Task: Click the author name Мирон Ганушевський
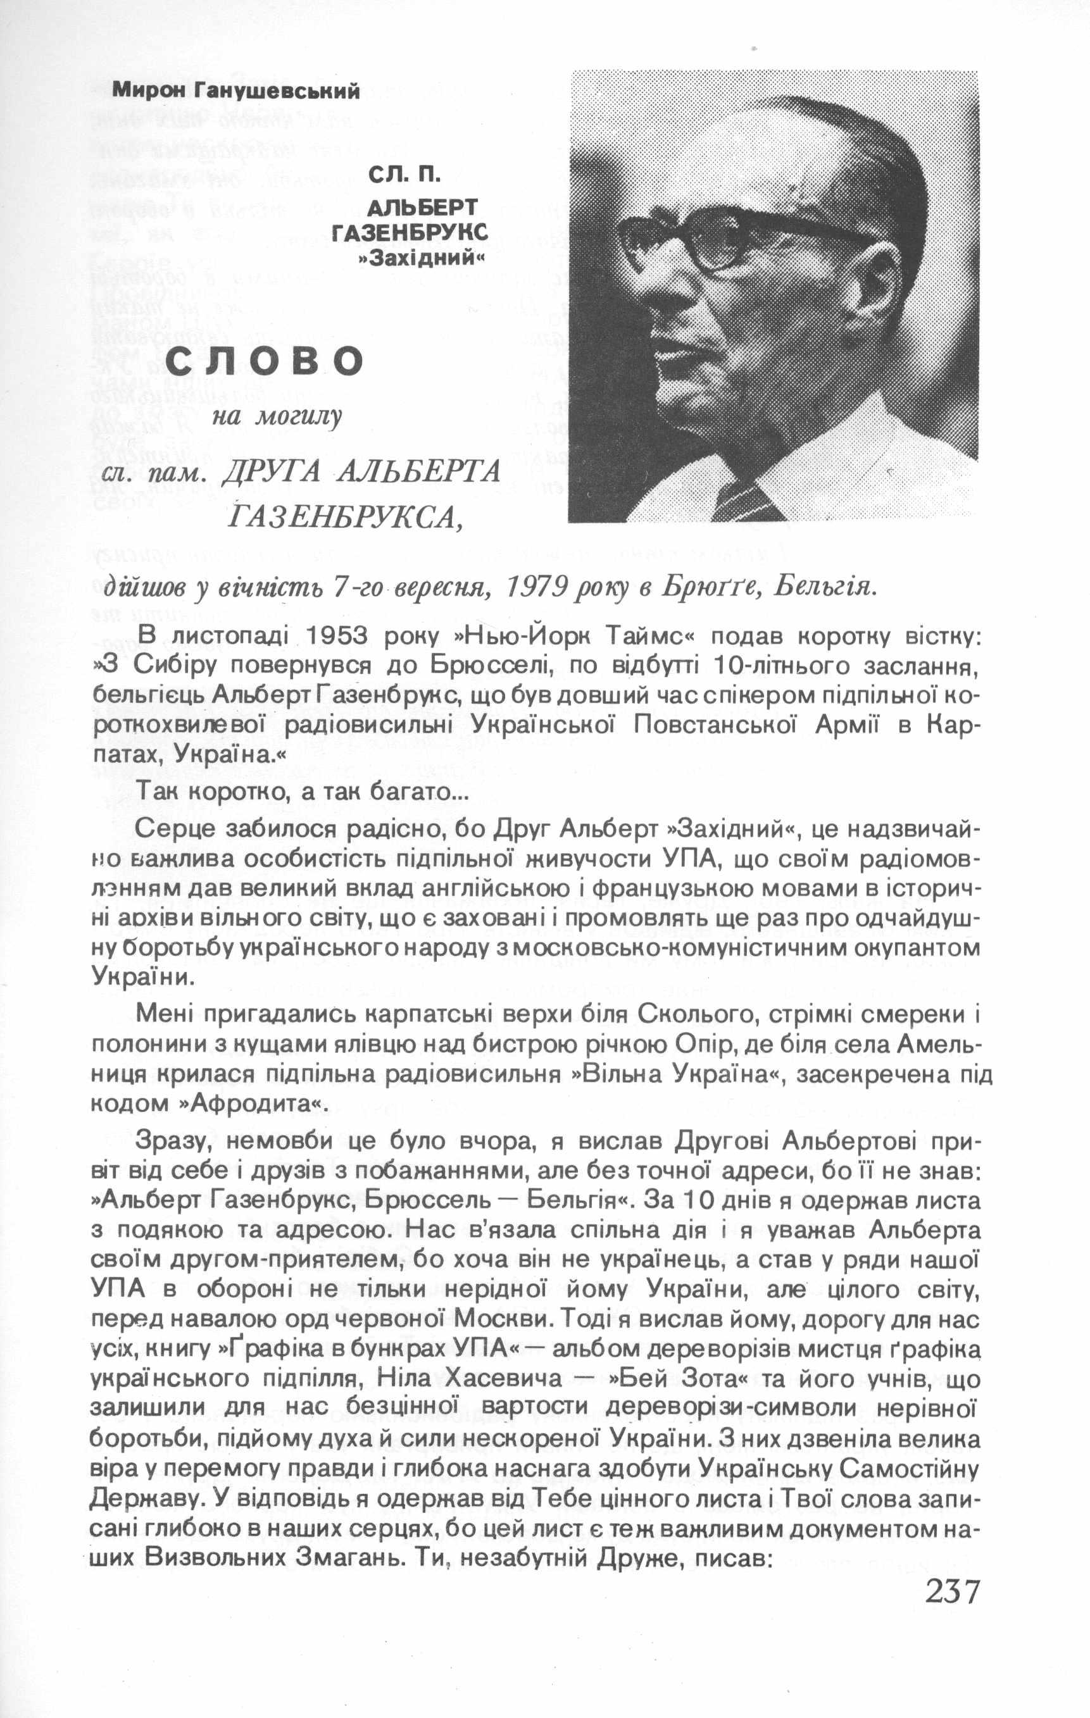[236, 90]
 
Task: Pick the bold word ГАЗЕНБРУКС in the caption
[410, 233]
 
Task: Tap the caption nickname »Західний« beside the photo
[421, 258]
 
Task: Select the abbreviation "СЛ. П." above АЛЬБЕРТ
[404, 174]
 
